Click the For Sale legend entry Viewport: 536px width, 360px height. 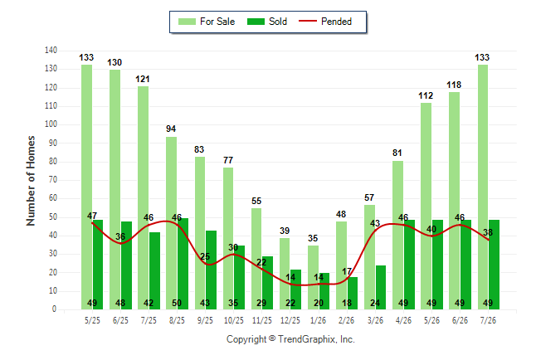(207, 22)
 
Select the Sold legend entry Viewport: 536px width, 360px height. (267, 22)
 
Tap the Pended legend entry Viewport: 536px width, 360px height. (325, 22)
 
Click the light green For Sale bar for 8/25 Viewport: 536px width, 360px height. (171, 223)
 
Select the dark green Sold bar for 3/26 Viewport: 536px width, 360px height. (381, 287)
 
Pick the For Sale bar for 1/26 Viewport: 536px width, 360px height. (313, 277)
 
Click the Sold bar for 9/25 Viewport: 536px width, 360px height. (212, 270)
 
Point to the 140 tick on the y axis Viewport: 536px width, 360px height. (51, 51)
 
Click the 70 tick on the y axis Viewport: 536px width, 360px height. (52, 179)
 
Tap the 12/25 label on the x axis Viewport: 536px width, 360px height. (290, 320)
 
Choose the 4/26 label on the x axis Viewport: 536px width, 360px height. (403, 320)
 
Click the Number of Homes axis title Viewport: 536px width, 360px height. (31, 181)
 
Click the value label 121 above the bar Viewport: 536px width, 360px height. (143, 79)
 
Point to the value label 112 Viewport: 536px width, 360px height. (426, 95)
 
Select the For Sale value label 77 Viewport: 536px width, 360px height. (228, 160)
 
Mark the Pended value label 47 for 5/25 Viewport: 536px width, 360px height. (92, 216)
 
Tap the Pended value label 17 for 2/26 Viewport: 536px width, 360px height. (347, 271)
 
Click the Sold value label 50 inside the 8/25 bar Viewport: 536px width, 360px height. (177, 303)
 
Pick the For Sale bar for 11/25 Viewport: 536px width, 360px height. (256, 259)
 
